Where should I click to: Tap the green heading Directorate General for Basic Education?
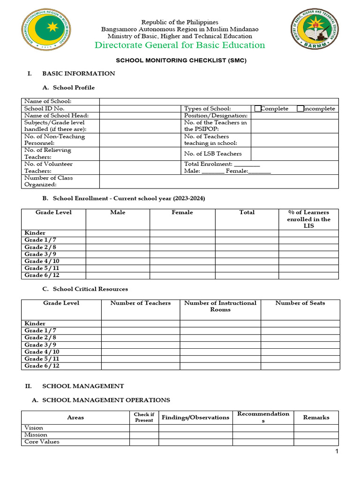180,45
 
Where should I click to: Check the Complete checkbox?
257,108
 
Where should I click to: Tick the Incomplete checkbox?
300,108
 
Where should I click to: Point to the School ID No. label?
44,108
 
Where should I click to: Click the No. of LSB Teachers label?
213,154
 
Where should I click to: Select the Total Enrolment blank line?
247,165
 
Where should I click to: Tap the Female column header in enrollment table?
182,212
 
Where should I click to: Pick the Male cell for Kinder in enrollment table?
118,233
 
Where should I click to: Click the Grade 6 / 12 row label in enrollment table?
42,275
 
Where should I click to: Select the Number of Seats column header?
300,303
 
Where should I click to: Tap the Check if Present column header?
144,417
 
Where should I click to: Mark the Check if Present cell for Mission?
144,435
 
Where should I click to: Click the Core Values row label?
42,442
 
